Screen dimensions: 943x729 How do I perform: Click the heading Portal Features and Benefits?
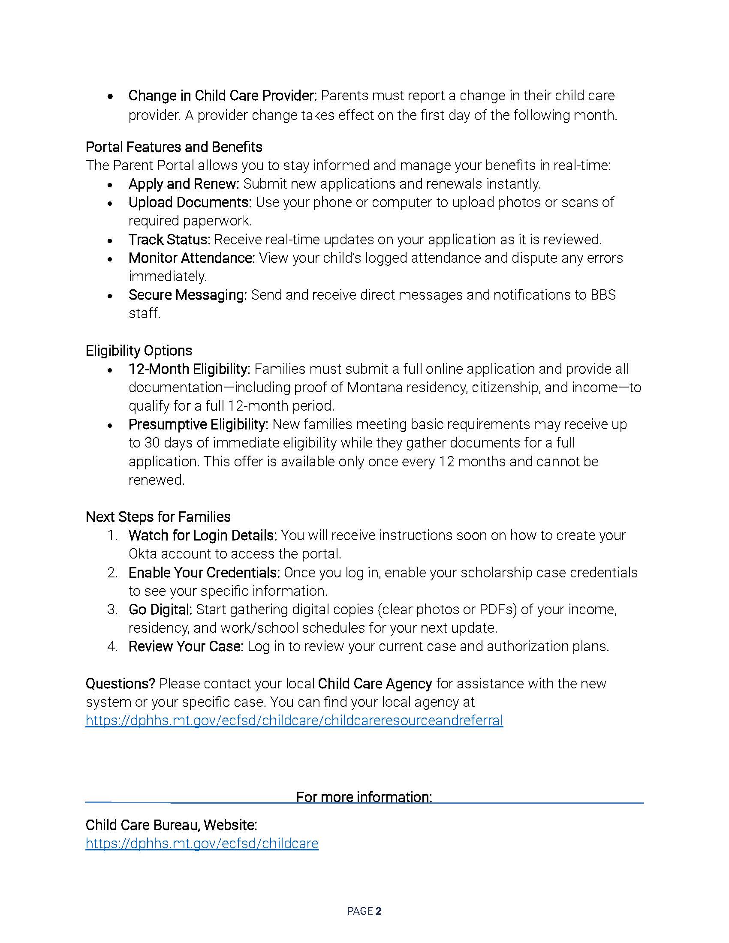(174, 147)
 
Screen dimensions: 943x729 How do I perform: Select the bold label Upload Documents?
(190, 202)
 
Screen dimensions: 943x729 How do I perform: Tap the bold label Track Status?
(169, 240)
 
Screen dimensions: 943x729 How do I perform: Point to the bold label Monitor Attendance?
(192, 258)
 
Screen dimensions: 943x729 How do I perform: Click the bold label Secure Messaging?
(187, 295)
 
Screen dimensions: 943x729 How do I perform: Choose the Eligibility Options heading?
(139, 351)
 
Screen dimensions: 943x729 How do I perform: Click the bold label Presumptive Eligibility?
(198, 424)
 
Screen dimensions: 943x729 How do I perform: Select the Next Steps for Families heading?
(158, 517)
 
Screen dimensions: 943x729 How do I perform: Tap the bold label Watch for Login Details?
(202, 535)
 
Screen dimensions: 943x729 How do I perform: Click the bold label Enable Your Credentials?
(204, 573)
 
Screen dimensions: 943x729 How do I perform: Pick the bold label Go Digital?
(160, 610)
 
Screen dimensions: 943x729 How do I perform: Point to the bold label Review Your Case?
(186, 646)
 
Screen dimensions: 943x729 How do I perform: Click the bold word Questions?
(120, 684)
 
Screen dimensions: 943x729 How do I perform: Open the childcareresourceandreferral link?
(294, 721)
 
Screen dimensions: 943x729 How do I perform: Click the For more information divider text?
(364, 797)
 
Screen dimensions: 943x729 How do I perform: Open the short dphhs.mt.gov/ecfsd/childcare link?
(202, 843)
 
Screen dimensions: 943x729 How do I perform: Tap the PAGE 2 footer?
(364, 911)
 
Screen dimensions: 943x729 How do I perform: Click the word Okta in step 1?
(142, 554)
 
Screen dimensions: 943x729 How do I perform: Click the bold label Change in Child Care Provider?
(223, 96)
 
